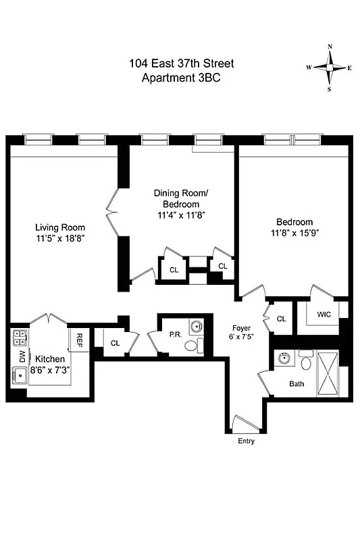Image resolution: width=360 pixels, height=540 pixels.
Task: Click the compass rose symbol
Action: pyautogui.click(x=330, y=67)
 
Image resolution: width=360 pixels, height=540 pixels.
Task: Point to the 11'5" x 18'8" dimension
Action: pyautogui.click(x=60, y=238)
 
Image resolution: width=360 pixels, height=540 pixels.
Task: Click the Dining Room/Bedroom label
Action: pyautogui.click(x=180, y=198)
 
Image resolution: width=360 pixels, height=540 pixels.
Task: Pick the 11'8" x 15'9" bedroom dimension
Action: pyautogui.click(x=294, y=234)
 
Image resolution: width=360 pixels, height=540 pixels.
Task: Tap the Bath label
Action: pyautogui.click(x=297, y=384)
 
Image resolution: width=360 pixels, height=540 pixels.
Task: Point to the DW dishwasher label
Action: pyautogui.click(x=22, y=355)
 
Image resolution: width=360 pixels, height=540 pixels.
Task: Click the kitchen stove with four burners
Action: pyautogui.click(x=19, y=336)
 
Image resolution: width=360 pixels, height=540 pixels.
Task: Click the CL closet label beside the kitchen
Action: pyautogui.click(x=115, y=343)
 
